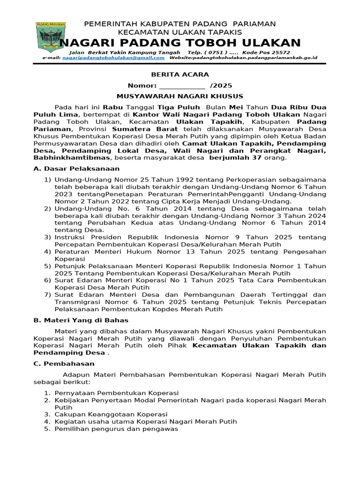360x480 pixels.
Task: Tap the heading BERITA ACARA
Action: [180, 75]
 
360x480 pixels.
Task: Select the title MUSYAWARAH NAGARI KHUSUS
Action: [180, 96]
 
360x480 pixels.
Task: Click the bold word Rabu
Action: [112, 107]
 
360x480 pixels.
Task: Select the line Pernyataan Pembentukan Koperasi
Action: [116, 393]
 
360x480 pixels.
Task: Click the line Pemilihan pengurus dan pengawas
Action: [116, 429]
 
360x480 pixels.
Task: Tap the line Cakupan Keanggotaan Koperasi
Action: [111, 414]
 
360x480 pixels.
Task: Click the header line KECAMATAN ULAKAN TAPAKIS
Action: [180, 32]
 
